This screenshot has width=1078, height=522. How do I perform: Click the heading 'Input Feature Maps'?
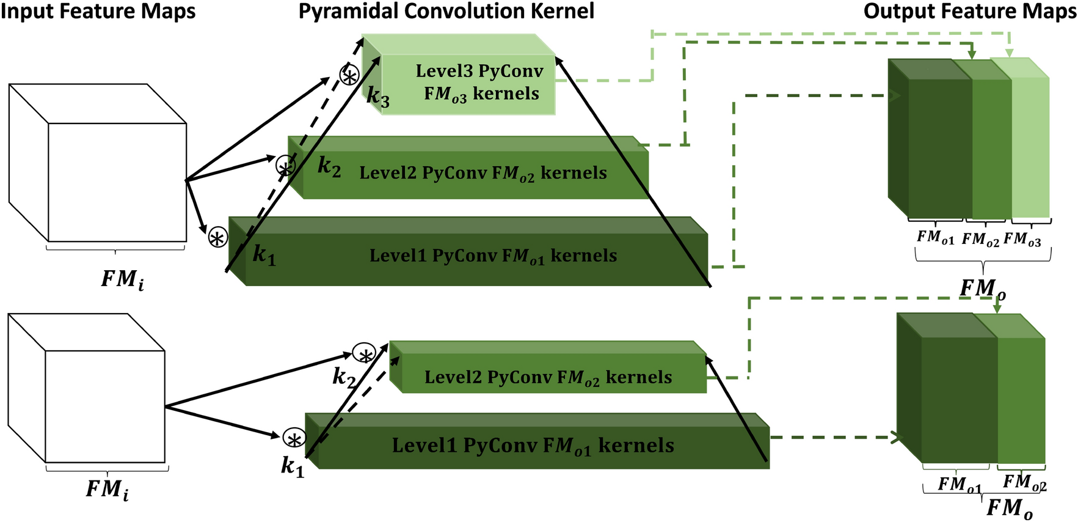click(98, 11)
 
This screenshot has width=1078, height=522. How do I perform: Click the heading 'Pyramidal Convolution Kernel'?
click(446, 11)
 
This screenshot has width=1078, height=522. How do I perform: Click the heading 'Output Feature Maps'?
click(970, 11)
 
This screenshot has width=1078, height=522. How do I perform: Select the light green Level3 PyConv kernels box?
click(468, 83)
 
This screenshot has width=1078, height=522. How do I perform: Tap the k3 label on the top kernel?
click(378, 97)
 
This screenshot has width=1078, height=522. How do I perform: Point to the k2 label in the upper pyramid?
click(329, 166)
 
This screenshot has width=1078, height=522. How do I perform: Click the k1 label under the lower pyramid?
click(292, 466)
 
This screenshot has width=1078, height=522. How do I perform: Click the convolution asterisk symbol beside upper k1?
click(218, 238)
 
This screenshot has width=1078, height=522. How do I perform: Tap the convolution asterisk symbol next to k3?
click(349, 76)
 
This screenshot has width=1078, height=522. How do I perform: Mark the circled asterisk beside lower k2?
click(365, 354)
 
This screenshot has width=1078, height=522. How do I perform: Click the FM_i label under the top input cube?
click(122, 279)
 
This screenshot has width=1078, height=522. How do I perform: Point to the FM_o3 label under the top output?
click(1022, 239)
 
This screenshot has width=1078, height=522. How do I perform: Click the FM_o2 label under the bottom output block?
click(1024, 483)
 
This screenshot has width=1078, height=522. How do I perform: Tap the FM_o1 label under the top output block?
click(934, 237)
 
